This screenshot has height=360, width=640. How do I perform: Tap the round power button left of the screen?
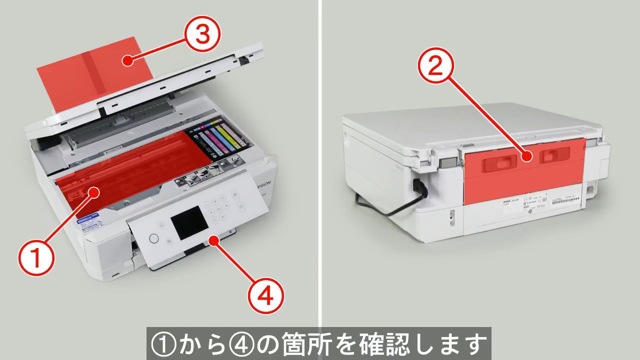pyautogui.click(x=154, y=238)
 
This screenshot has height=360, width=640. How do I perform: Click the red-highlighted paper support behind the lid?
pyautogui.click(x=85, y=70)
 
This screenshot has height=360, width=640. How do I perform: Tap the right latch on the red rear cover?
pyautogui.click(x=550, y=156)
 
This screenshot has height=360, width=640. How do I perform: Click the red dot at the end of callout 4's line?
pyautogui.click(x=213, y=240)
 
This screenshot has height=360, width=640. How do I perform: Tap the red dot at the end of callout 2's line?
pyautogui.click(x=525, y=156)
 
